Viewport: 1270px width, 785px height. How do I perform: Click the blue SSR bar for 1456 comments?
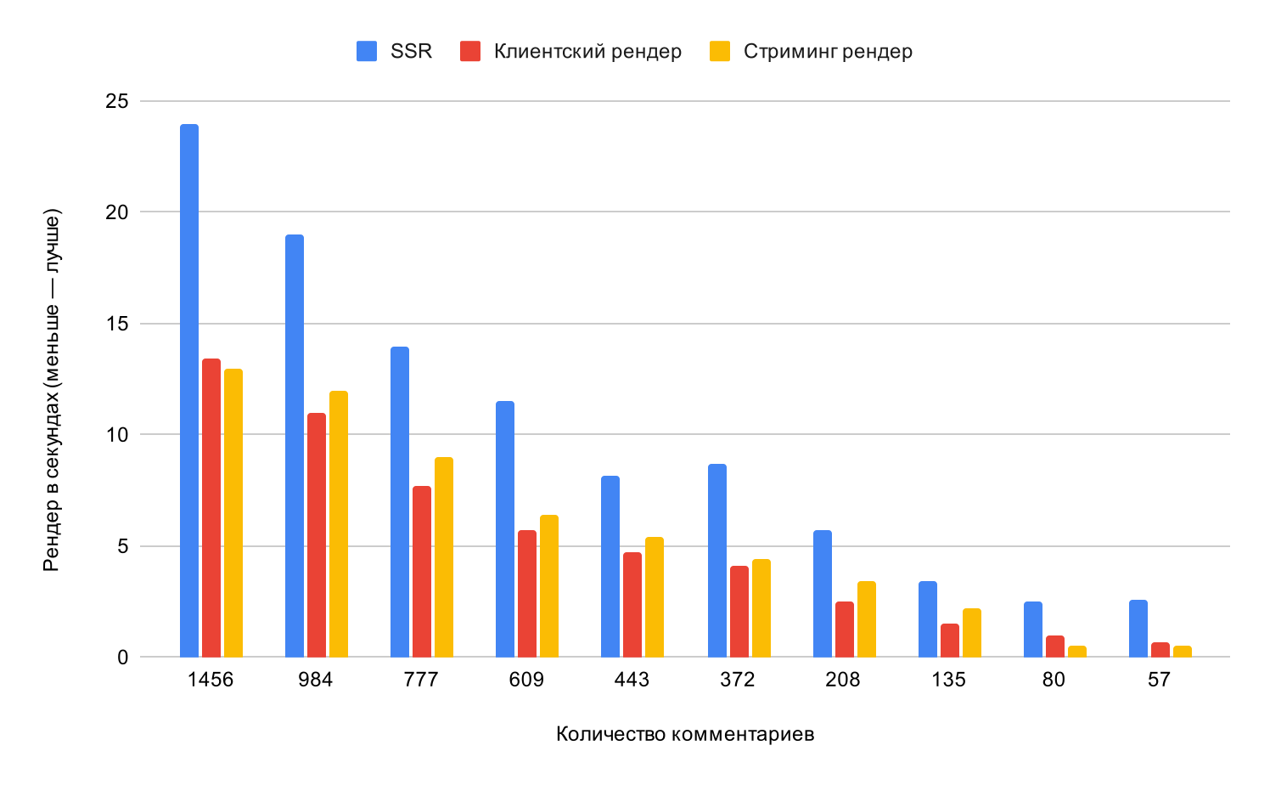pyautogui.click(x=189, y=391)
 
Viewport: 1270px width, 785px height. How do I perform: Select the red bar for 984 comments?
pyautogui.click(x=317, y=535)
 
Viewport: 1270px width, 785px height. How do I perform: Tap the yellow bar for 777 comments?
pyautogui.click(x=444, y=557)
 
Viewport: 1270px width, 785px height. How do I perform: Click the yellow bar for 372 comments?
pyautogui.click(x=761, y=608)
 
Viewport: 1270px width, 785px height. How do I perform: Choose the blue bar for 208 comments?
pyautogui.click(x=823, y=594)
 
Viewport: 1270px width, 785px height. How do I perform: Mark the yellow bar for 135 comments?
pyautogui.click(x=972, y=633)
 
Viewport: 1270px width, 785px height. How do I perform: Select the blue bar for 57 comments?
pyautogui.click(x=1138, y=629)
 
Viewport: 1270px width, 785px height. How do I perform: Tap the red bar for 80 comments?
pyautogui.click(x=1055, y=647)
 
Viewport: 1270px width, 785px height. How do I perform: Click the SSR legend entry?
pyautogui.click(x=411, y=51)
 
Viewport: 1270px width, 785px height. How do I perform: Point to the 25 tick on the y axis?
pyautogui.click(x=117, y=102)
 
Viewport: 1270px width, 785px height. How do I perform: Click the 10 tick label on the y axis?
pyautogui.click(x=117, y=435)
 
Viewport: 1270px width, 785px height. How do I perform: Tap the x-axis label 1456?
pyautogui.click(x=211, y=681)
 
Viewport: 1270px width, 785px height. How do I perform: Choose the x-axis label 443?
pyautogui.click(x=632, y=681)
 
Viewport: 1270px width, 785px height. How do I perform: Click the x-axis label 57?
pyautogui.click(x=1159, y=681)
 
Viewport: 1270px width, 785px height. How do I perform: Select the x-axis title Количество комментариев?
pyautogui.click(x=685, y=734)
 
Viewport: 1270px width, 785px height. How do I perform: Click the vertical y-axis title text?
pyautogui.click(x=53, y=388)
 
